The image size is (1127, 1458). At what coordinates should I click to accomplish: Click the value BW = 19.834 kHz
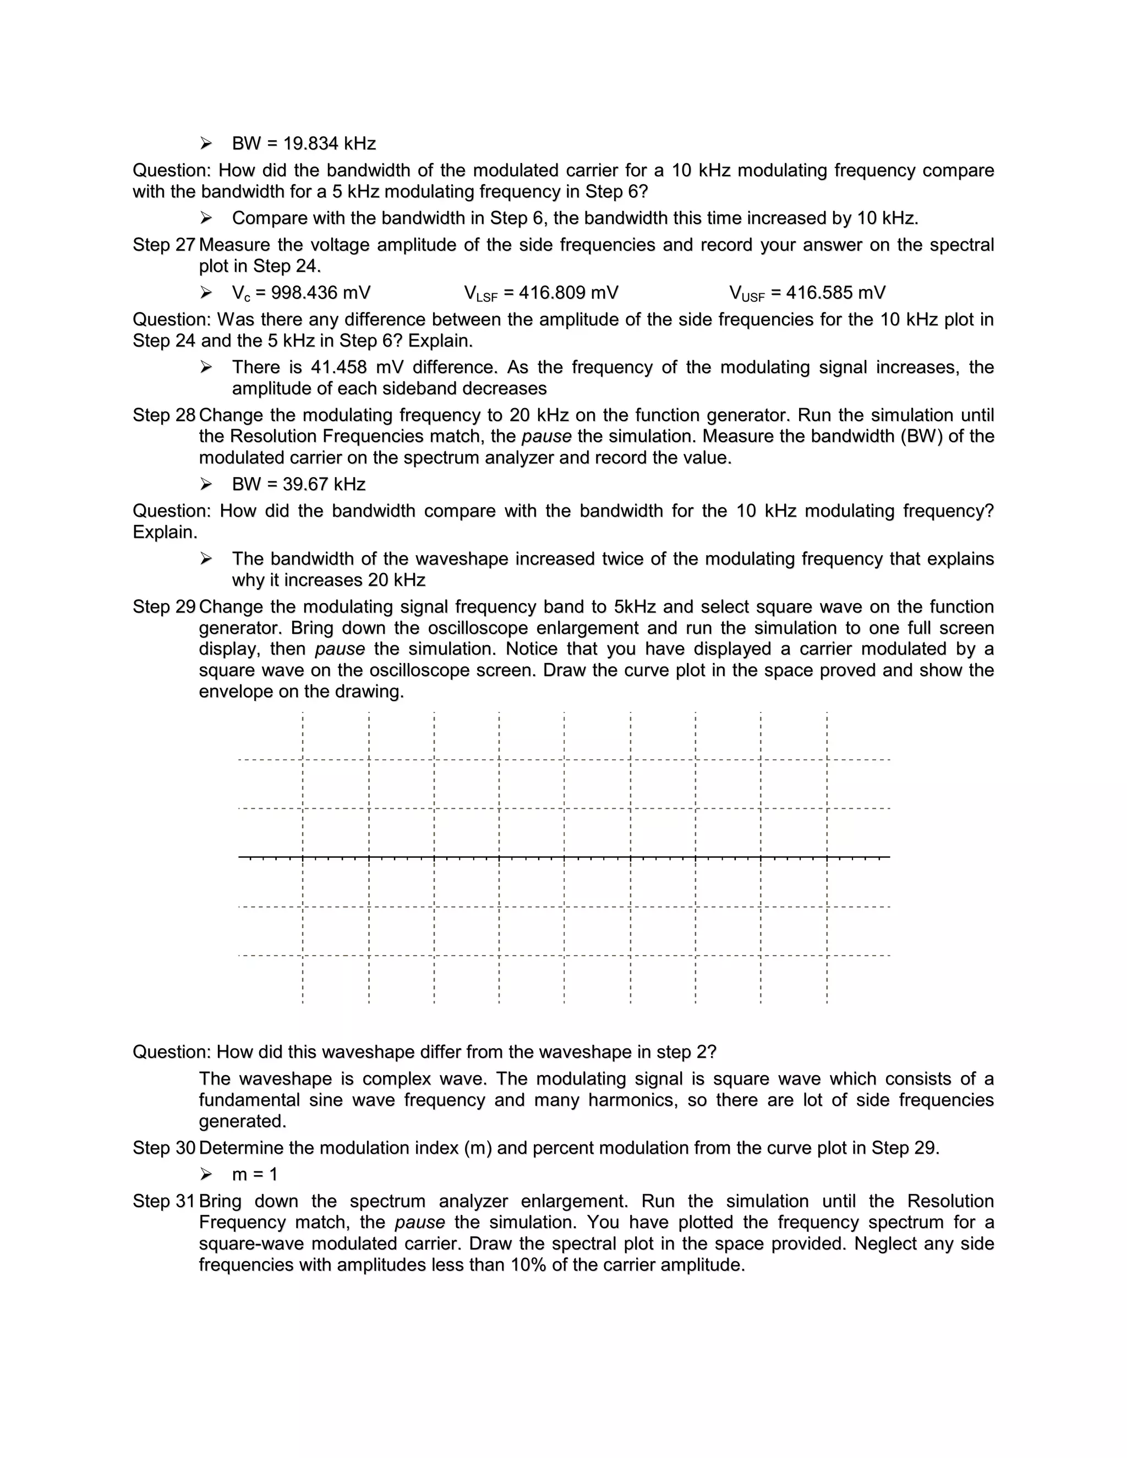(304, 144)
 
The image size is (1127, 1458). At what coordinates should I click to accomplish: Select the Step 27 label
(163, 245)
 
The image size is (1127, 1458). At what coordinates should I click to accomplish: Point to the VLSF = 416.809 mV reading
(541, 293)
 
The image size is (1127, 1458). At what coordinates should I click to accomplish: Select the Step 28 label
(163, 415)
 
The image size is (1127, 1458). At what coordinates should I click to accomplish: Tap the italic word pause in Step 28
(546, 437)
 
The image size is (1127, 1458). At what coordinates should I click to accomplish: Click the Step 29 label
(163, 607)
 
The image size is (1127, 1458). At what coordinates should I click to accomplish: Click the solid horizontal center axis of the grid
(563, 857)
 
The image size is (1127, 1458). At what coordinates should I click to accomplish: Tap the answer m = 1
(254, 1174)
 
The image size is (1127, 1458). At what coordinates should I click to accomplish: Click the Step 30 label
(163, 1148)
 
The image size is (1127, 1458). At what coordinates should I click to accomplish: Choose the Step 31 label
(163, 1201)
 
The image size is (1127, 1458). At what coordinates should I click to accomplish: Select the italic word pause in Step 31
(419, 1223)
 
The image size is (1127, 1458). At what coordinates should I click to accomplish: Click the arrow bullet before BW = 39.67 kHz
(206, 484)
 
